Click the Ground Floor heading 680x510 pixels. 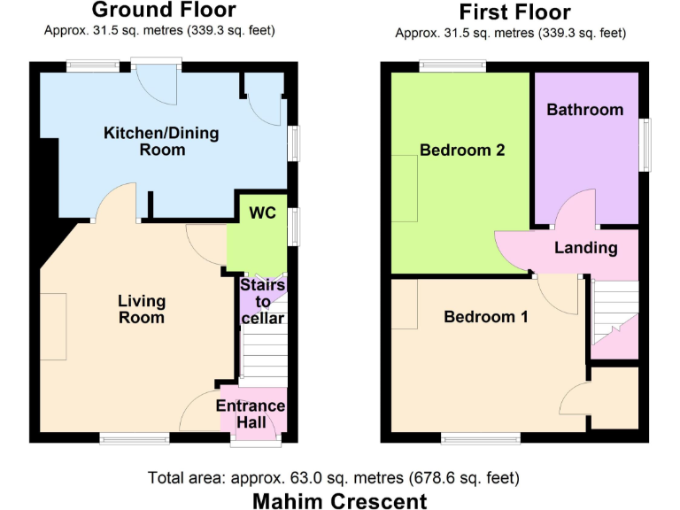(164, 11)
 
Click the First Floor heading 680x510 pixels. (514, 12)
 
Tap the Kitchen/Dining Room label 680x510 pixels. (161, 142)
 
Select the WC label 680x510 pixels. (263, 213)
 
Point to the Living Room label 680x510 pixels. (142, 309)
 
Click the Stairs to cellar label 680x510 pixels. (263, 302)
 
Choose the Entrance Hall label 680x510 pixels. (252, 414)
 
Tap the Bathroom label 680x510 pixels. (584, 110)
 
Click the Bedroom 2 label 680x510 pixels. (462, 150)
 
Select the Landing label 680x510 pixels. (585, 247)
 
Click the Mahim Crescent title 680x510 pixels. (340, 500)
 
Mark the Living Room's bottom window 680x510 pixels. (133, 438)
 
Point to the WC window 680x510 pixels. (294, 225)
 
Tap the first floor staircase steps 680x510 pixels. (613, 305)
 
